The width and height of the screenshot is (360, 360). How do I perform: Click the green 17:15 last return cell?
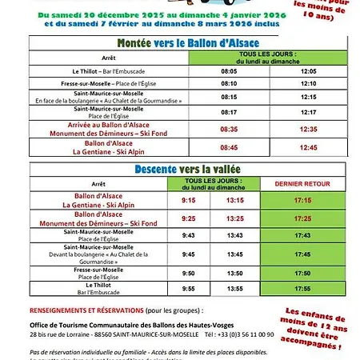pos(302,200)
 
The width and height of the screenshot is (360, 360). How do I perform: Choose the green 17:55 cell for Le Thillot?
pos(302,286)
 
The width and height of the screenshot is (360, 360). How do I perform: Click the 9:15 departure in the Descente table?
pos(189,200)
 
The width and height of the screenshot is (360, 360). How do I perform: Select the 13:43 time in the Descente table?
pos(234,236)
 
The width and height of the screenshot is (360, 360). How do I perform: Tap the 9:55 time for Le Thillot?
pos(189,286)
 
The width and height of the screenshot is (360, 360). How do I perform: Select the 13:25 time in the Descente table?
pos(234,218)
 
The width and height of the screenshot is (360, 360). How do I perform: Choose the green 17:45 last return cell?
pos(302,254)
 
